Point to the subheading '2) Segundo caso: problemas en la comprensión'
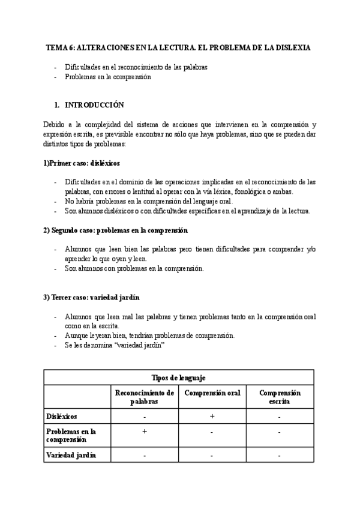(x=116, y=230)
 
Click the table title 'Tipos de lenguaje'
(x=179, y=377)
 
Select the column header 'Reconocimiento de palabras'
(x=145, y=397)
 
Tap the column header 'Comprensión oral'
(x=212, y=393)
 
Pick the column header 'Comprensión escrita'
(x=280, y=397)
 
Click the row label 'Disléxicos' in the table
(x=62, y=415)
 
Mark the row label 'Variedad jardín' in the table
(x=71, y=455)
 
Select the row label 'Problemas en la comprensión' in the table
(x=71, y=435)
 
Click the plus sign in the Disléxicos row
(x=212, y=415)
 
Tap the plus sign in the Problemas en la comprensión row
(x=145, y=432)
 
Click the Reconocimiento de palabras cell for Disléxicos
(x=145, y=416)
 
